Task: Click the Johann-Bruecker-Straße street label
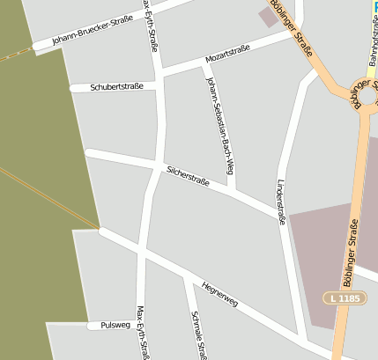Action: tap(93, 29)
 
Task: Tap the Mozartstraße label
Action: tap(228, 53)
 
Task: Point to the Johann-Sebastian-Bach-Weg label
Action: tap(219, 125)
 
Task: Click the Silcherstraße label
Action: tap(188, 175)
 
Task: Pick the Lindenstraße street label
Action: tap(281, 202)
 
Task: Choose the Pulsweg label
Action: tap(115, 325)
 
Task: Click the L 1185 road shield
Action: tap(344, 299)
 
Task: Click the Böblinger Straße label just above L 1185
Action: tap(351, 251)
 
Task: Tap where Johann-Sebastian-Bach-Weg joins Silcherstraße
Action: tap(231, 190)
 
